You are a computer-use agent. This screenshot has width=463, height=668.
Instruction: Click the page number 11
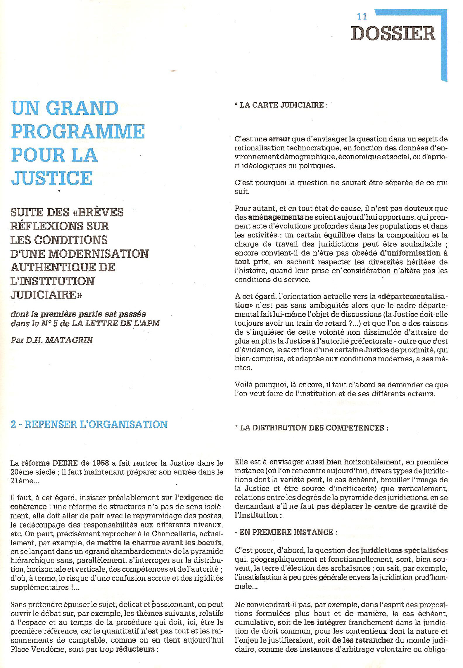(x=362, y=17)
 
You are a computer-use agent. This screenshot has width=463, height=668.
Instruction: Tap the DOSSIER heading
(x=393, y=34)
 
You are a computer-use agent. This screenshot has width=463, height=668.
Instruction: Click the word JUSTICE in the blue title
(x=52, y=178)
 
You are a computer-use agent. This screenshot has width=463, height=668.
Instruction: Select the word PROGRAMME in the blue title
(x=78, y=131)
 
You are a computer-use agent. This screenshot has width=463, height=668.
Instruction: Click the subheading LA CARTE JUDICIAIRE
(x=281, y=105)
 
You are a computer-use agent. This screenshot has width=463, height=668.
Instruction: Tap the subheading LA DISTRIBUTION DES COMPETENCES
(x=312, y=428)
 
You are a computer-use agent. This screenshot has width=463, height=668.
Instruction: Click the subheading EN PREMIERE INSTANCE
(x=286, y=532)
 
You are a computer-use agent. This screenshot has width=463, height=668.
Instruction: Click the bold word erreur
(x=279, y=139)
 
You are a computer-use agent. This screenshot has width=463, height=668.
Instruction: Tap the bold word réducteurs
(x=135, y=649)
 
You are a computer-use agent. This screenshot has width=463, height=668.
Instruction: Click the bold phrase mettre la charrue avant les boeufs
(x=159, y=543)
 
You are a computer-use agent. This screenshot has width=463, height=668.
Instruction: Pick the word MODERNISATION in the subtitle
(x=99, y=254)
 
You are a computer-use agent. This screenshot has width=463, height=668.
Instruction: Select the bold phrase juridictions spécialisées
(x=404, y=551)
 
